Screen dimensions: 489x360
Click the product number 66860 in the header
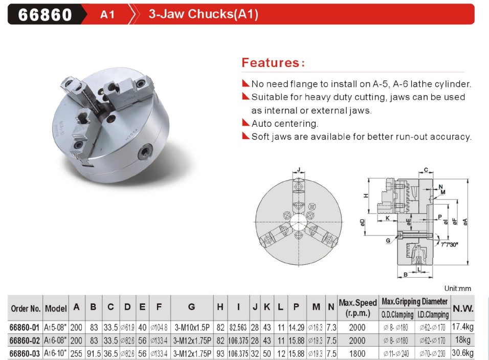pos(45,14)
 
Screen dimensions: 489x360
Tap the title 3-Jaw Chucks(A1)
pos(204,14)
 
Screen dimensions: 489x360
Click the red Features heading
pos(273,63)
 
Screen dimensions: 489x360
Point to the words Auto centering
pos(285,124)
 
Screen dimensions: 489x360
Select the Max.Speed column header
pos(358,308)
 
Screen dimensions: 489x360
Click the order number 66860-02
pos(25,341)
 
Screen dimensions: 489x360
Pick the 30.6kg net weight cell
pos(462,353)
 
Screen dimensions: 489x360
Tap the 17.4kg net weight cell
pos(462,327)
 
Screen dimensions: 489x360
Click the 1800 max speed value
pos(357,353)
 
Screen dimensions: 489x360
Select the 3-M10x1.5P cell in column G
pos(192,327)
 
